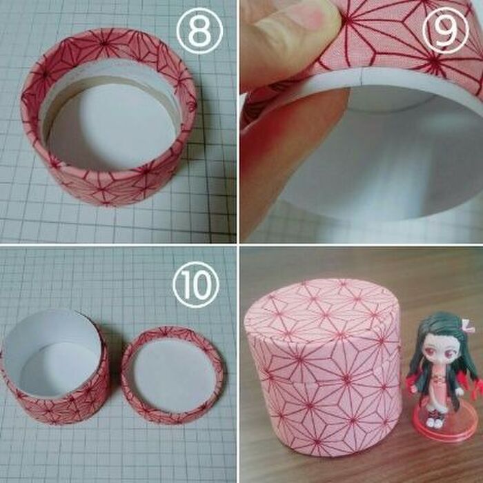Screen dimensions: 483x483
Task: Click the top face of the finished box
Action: coord(321,304)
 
